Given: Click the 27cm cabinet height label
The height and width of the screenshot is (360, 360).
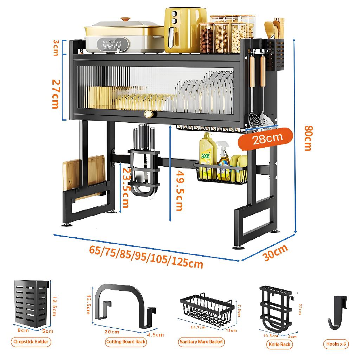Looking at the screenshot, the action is pos(56,94).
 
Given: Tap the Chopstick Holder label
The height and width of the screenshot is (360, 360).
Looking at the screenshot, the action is pos(31,341).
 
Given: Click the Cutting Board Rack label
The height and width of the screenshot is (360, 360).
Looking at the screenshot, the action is pos(126,341).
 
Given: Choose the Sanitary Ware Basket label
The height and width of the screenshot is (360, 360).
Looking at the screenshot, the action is pos(201,341).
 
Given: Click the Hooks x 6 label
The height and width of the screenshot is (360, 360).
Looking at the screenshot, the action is pos(336,344).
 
